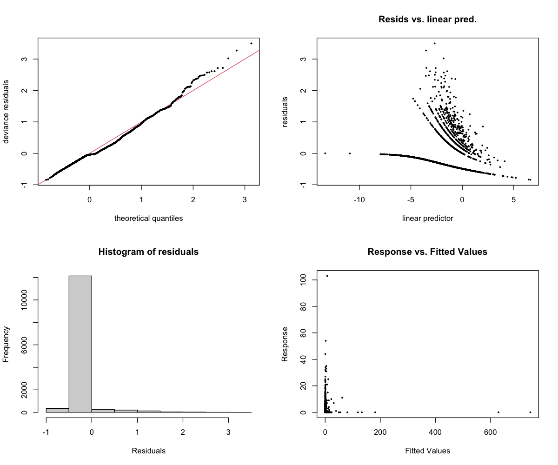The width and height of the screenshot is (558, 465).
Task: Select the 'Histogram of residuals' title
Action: point(148,252)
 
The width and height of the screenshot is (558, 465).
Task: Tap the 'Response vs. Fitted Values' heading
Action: point(427,252)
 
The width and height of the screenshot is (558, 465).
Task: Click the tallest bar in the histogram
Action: point(80,344)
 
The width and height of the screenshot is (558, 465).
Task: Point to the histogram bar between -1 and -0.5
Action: point(57,410)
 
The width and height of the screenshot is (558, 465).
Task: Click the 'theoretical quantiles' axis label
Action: point(148,218)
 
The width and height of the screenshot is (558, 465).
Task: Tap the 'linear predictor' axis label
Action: point(427,218)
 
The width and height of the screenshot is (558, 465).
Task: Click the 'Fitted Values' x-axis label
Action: point(427,451)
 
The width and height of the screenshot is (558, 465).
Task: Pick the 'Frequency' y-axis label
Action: point(7,344)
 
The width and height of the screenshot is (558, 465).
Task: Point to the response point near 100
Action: point(327,276)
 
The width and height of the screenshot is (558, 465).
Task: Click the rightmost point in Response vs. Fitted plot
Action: point(530,412)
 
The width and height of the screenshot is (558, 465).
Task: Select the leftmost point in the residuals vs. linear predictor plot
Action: point(325,153)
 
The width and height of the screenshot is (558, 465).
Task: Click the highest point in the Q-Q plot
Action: point(251,43)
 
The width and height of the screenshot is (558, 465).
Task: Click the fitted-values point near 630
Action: point(498,412)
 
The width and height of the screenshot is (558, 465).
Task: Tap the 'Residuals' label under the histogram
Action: point(148,451)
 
